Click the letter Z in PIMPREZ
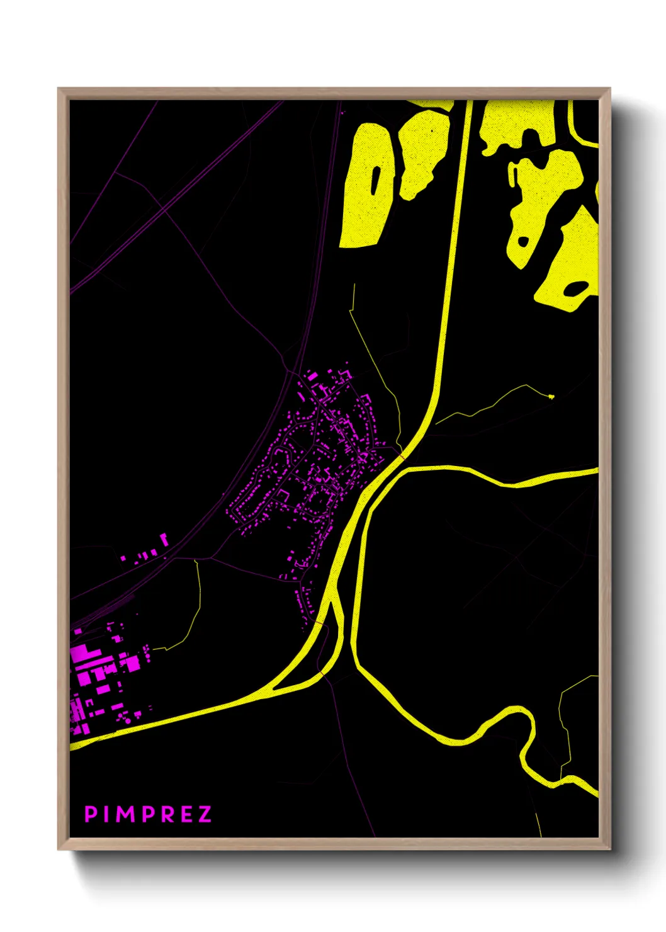click(x=204, y=814)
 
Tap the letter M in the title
click(x=125, y=814)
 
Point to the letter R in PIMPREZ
click(x=166, y=814)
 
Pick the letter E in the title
click(x=185, y=814)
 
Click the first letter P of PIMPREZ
click(x=91, y=814)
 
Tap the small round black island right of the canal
click(x=523, y=241)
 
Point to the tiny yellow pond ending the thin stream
click(x=551, y=396)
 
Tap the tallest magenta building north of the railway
click(x=164, y=540)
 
